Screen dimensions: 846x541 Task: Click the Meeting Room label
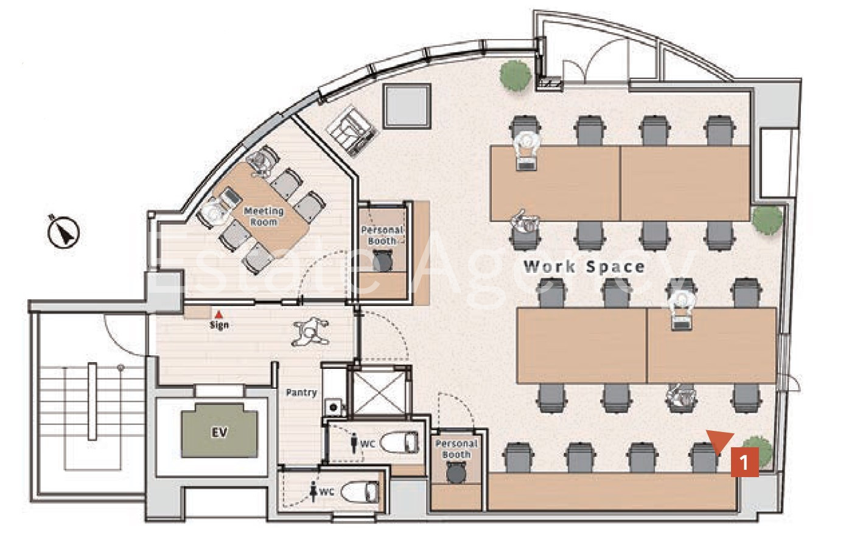coord(264,216)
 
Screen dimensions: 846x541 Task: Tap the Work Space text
coord(584,267)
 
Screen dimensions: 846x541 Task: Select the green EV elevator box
coord(220,431)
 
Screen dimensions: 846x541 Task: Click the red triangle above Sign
coord(218,314)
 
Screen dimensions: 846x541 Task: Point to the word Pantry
coord(301,393)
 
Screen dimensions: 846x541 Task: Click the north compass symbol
coord(63,231)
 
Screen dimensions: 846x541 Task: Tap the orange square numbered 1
coord(744,462)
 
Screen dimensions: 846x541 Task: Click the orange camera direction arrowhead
coord(720,441)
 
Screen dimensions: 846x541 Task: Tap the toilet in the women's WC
coord(360,492)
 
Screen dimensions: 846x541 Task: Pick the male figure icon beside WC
coord(354,443)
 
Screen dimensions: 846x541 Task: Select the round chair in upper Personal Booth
coord(382,261)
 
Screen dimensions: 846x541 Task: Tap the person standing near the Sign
coord(310,332)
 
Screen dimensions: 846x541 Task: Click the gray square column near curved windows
coord(407,106)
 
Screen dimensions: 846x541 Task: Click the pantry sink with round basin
coord(334,407)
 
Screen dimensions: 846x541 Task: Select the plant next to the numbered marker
coord(758,453)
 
